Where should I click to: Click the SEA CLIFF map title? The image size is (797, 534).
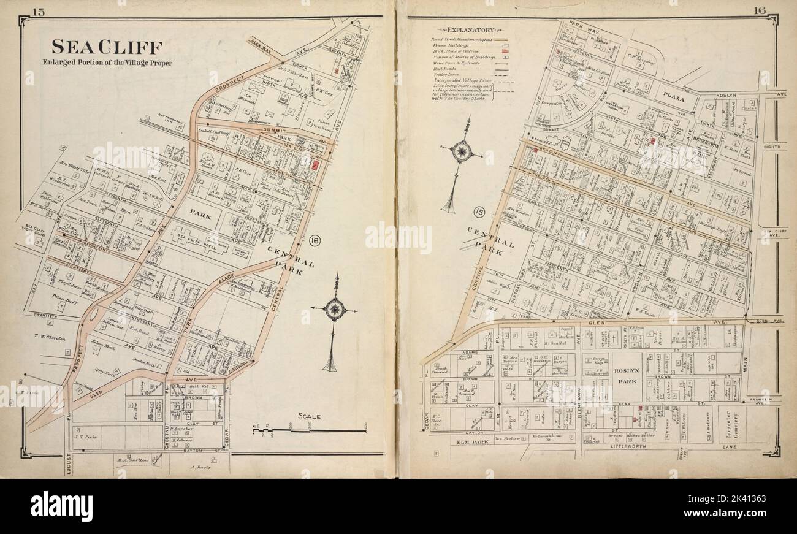107,47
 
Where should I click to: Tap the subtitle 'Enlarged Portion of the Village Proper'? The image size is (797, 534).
107,63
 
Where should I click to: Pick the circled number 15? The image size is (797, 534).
481,213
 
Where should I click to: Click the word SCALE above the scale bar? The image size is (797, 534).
310,416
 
